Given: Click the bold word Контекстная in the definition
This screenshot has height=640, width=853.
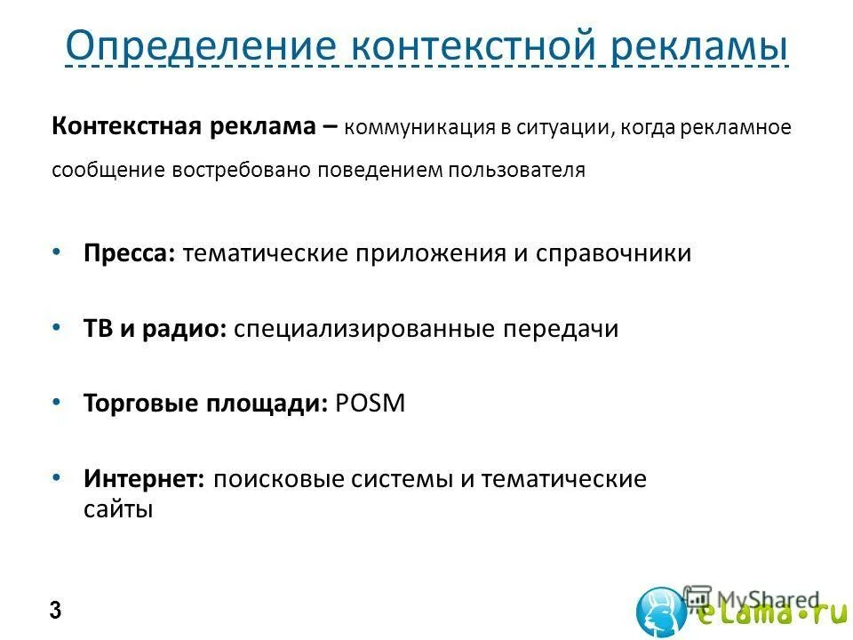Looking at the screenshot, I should tap(128, 125).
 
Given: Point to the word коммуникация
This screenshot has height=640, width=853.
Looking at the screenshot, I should tap(419, 127).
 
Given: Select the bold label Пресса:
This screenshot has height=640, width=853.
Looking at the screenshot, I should tap(131, 254).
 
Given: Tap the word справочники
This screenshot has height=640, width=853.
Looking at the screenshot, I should tap(613, 254).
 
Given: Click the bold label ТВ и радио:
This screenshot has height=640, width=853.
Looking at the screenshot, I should tap(155, 329).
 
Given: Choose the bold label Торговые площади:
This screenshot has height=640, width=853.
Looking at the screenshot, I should tap(206, 404).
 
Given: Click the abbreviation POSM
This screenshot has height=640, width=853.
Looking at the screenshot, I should tap(371, 404).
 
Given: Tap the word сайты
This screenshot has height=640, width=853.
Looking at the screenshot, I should tap(118, 510).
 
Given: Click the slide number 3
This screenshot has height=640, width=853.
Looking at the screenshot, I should tap(56, 612).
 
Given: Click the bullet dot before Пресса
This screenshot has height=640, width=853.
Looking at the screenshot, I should tap(57, 252).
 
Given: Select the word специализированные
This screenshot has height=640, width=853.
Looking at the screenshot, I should tap(365, 329).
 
